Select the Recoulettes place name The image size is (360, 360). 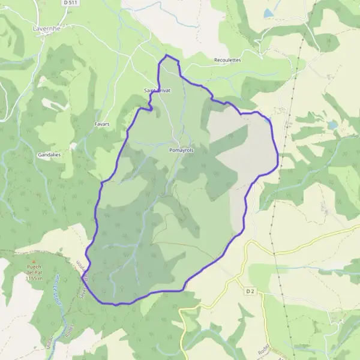pos(227,61)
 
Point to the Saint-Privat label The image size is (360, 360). pos(157,91)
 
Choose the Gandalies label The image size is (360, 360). pos(50,154)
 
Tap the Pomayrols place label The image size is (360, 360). pos(181,150)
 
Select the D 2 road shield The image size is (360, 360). pos(250,291)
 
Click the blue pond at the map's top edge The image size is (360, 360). pos(268,13)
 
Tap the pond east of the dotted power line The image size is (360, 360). pos(332,125)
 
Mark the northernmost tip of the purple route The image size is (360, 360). pos(167,55)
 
